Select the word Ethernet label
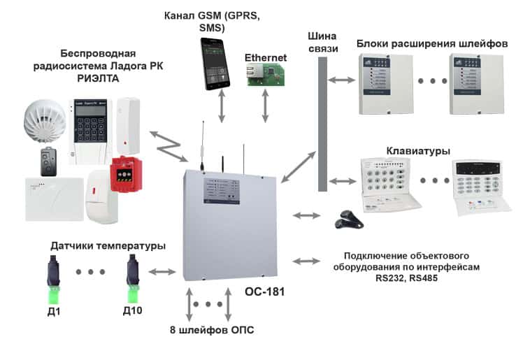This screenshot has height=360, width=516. (x=265, y=57)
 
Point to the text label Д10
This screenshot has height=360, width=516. (x=132, y=310)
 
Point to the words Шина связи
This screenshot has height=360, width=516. (x=322, y=42)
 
